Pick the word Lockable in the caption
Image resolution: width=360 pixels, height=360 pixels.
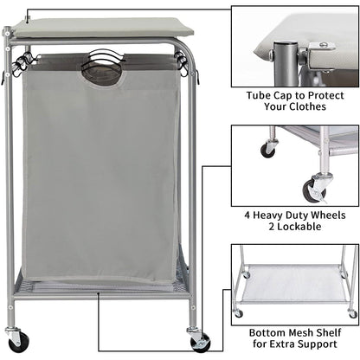[x=303, y=227]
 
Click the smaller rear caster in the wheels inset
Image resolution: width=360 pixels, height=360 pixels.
[x=268, y=149]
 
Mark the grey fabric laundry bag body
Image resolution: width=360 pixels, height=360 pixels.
[x=100, y=173]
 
